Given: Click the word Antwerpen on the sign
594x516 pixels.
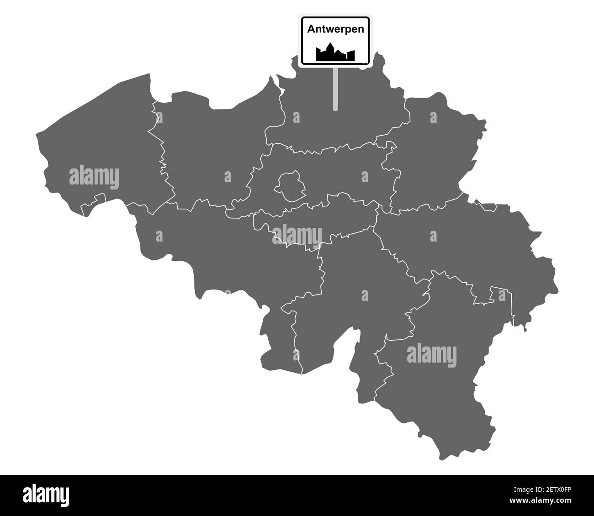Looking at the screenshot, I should tap(335, 29).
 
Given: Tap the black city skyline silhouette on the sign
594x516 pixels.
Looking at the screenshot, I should tap(335, 53).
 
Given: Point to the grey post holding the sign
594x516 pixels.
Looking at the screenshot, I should tap(335, 89).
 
